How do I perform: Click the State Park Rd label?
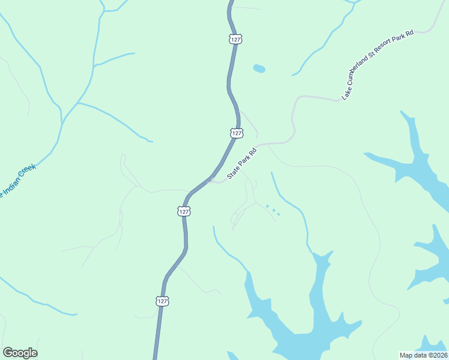[x=243, y=163]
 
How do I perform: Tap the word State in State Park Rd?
[x=234, y=173]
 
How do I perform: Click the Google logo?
[x=20, y=353]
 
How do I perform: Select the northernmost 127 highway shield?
[x=235, y=39]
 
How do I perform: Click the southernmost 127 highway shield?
[x=163, y=301]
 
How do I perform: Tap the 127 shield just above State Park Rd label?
[x=237, y=133]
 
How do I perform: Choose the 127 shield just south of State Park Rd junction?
[x=184, y=211]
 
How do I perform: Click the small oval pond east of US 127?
[x=259, y=68]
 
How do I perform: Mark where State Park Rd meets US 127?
[x=210, y=179]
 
